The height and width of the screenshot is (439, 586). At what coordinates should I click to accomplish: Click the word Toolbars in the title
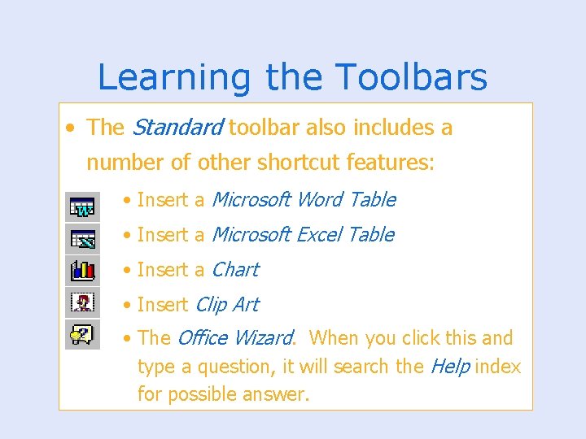click(410, 78)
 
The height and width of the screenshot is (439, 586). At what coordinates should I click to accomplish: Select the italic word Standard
click(177, 128)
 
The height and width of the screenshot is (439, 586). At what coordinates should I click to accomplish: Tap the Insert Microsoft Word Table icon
click(82, 207)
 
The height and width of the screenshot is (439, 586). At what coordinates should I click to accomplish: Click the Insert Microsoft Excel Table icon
click(82, 238)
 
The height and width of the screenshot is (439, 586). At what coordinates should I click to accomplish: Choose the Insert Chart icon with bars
click(82, 269)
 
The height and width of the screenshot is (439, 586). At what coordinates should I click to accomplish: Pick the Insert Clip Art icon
click(82, 302)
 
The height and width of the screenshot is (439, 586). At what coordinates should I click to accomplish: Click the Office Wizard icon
click(82, 333)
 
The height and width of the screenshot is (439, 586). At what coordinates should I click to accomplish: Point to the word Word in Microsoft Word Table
click(321, 200)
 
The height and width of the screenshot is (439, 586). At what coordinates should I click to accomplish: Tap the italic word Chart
click(234, 270)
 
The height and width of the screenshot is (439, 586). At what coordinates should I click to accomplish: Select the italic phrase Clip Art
click(227, 305)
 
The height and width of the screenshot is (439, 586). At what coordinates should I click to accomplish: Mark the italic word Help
click(449, 367)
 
